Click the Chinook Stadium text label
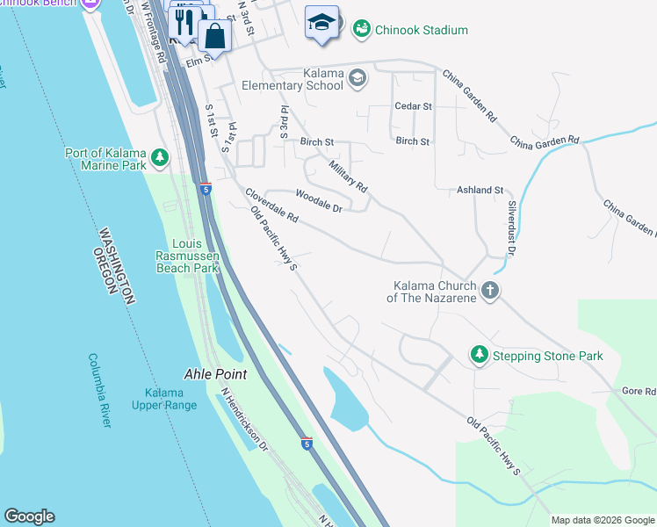(x=422, y=30)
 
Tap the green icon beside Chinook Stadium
(x=361, y=30)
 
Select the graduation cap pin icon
(x=321, y=22)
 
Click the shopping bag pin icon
(x=214, y=37)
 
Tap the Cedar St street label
(x=413, y=106)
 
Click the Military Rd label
(x=348, y=174)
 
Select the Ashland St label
(x=480, y=190)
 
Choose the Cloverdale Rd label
(x=271, y=206)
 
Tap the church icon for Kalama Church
(x=490, y=290)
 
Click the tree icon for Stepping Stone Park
(x=479, y=355)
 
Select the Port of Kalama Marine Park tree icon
(x=159, y=158)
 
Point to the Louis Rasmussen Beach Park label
(x=186, y=256)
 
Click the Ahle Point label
(x=214, y=373)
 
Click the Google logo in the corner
(x=29, y=516)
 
